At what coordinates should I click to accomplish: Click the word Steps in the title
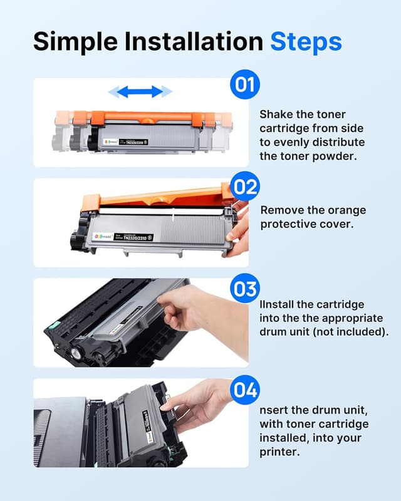[x=306, y=41]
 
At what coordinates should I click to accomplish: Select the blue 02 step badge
[x=244, y=187]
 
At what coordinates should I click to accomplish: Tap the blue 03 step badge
[x=244, y=289]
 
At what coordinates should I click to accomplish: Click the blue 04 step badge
[x=244, y=391]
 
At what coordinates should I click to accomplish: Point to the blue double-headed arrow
[x=140, y=92]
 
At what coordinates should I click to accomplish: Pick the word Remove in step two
[x=281, y=210]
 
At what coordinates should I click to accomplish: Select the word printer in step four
[x=279, y=451]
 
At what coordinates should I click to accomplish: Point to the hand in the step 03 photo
[x=188, y=307]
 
